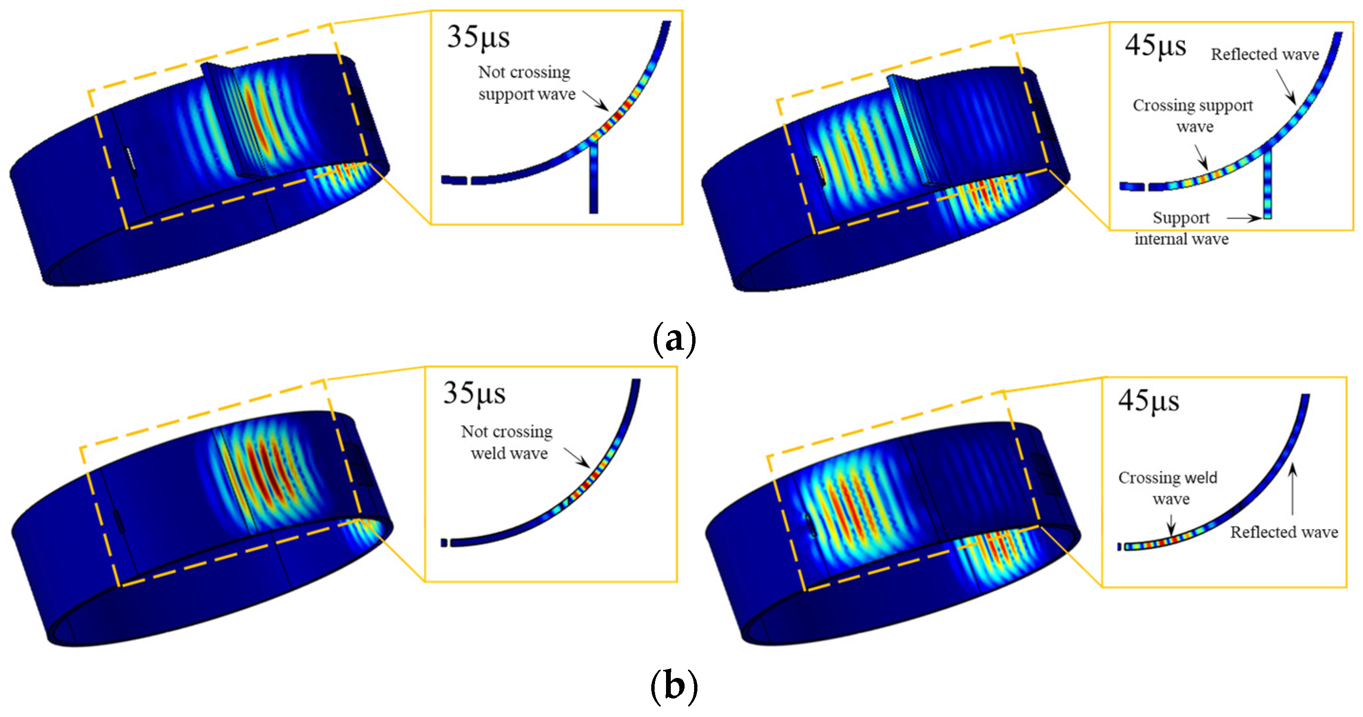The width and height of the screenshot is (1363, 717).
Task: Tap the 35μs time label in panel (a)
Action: (x=478, y=38)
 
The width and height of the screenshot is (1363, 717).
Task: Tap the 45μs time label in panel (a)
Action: (x=1155, y=46)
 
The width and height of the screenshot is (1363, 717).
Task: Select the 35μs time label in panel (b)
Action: (x=474, y=393)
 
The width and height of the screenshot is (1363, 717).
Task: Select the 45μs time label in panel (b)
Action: (x=1148, y=401)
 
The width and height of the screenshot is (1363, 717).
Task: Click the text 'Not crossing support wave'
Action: (x=526, y=83)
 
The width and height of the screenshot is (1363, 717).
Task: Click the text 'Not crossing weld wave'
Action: (x=507, y=442)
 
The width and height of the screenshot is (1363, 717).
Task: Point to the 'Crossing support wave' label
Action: (x=1193, y=116)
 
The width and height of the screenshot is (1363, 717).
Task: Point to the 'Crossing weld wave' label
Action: (x=1168, y=488)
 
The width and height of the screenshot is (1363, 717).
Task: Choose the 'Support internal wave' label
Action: (x=1181, y=228)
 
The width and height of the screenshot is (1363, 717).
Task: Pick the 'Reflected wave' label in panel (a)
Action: (x=1264, y=54)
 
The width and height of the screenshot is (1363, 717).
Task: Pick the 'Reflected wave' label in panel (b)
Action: (x=1283, y=532)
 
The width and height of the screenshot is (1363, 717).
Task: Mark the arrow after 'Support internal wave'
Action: (x=1244, y=218)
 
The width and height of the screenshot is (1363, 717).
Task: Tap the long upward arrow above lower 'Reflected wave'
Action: (x=1292, y=489)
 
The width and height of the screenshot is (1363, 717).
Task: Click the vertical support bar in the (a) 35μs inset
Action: (x=594, y=179)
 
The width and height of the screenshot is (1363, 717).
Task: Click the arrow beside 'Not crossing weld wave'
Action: (x=577, y=458)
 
